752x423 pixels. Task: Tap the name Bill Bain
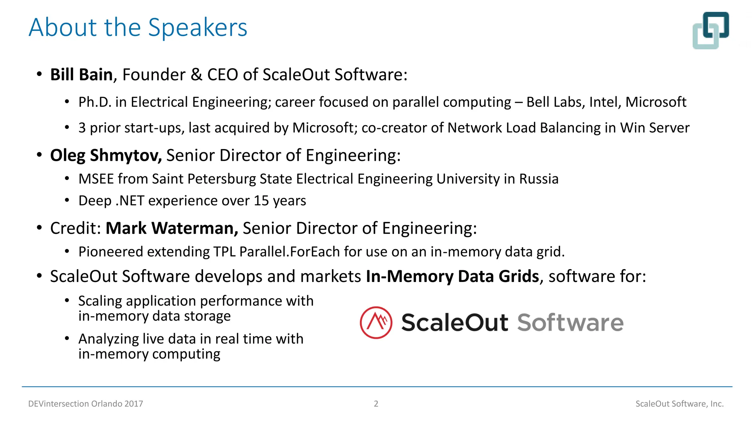point(81,75)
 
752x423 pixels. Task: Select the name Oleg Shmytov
point(106,155)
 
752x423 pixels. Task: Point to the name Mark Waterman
point(171,228)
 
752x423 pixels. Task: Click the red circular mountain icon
point(376,322)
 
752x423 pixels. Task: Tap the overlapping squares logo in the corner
point(711,30)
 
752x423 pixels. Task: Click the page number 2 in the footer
point(376,404)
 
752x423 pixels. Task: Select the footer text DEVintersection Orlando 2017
point(86,404)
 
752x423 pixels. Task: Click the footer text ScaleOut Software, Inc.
point(679,404)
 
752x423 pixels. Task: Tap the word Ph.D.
point(95,102)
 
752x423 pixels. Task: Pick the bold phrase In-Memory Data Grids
point(452,276)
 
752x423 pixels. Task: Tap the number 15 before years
point(261,201)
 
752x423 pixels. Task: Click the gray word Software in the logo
point(570,322)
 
